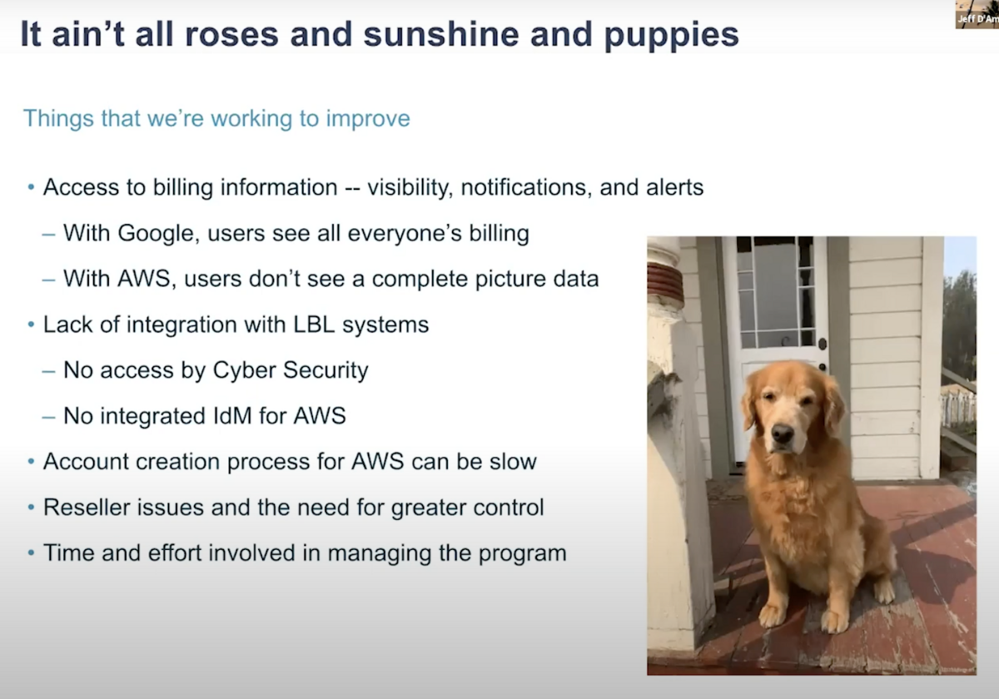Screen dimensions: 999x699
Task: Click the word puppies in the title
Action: pos(671,36)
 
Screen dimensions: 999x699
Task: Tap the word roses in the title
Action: pos(231,35)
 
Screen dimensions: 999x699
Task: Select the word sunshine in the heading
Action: pos(441,34)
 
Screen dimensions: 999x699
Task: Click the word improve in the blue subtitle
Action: pos(367,119)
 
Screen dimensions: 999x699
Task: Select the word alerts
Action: pos(674,187)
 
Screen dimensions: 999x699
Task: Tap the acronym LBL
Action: pos(314,325)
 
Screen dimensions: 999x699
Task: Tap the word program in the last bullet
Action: pos(522,554)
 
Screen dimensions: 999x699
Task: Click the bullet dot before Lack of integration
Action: pos(31,325)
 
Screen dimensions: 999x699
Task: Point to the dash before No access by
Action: pos(48,371)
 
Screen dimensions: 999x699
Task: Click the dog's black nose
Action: pos(783,433)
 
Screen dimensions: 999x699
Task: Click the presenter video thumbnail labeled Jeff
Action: pos(977,14)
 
